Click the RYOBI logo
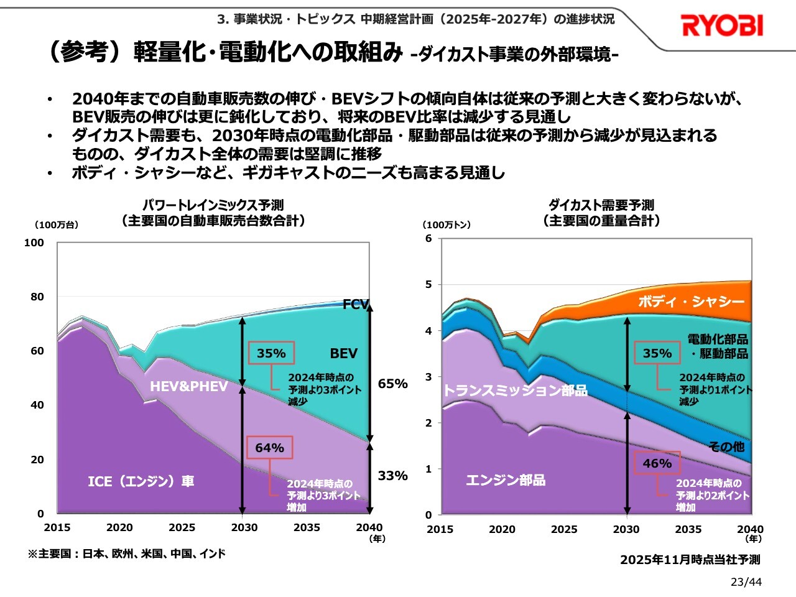tap(722, 25)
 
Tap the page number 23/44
tap(746, 582)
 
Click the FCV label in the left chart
tap(356, 304)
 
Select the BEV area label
tap(343, 353)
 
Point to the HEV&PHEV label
tap(188, 386)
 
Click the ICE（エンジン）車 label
tap(141, 481)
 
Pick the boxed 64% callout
tap(269, 448)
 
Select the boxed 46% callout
tap(657, 463)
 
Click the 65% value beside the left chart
tap(392, 384)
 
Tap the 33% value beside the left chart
tap(392, 476)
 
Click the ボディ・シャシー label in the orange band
tap(691, 302)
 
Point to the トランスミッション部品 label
tap(515, 391)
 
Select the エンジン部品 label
tap(506, 480)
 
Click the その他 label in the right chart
tap(726, 447)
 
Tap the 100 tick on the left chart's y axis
tap(34, 243)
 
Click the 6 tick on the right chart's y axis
tap(428, 238)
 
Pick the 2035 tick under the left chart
tap(307, 527)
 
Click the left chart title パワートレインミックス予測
tap(213, 205)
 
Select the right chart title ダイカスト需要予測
tap(601, 205)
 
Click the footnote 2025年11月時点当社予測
tap(690, 560)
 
